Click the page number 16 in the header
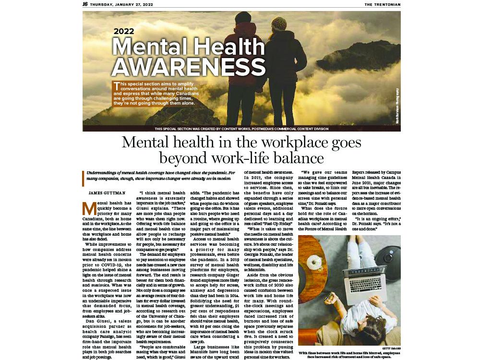click(85, 4)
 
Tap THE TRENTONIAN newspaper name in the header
click(382, 4)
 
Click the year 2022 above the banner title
click(123, 32)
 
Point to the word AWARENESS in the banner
click(188, 66)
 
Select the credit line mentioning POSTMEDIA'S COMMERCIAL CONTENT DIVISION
click(241, 129)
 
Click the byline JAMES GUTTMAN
click(106, 193)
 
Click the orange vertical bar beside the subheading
click(83, 178)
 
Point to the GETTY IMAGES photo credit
click(391, 348)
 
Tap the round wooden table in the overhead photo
click(313, 259)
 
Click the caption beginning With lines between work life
click(349, 355)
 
